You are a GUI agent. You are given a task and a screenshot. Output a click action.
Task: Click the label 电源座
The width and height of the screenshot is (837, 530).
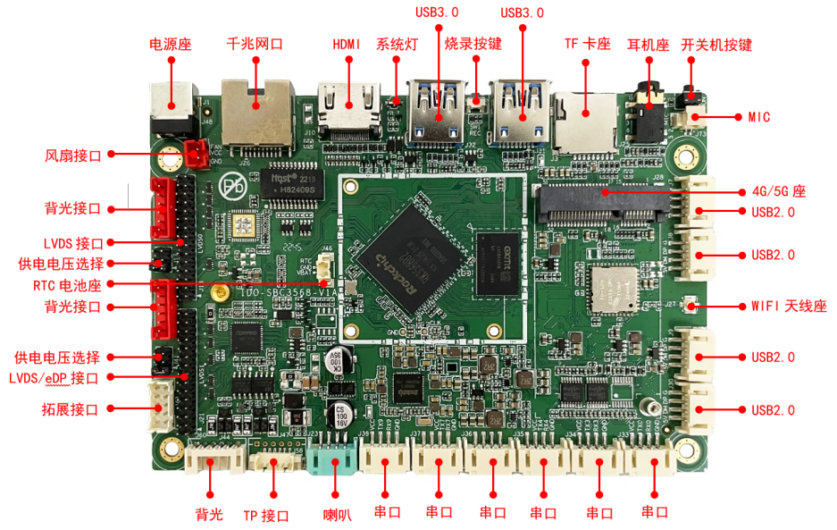(170, 44)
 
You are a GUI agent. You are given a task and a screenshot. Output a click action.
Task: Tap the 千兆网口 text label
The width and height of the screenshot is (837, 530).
(255, 44)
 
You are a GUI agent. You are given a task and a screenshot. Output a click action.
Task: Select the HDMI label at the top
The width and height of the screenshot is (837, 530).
(346, 44)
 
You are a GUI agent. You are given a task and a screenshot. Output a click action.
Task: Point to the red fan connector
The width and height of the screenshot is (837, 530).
(196, 154)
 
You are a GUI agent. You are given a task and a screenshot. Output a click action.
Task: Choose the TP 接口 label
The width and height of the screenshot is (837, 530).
(266, 515)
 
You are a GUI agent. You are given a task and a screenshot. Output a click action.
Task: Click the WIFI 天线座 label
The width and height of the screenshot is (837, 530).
(788, 306)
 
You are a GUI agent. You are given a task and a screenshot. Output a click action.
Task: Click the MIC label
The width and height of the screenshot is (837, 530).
(758, 117)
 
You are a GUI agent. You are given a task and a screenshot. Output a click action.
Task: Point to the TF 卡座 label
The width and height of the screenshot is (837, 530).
(587, 44)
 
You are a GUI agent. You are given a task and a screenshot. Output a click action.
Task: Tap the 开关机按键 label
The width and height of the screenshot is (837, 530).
(716, 44)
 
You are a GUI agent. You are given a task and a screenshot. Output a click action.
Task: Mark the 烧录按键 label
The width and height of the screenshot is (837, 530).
(473, 44)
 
